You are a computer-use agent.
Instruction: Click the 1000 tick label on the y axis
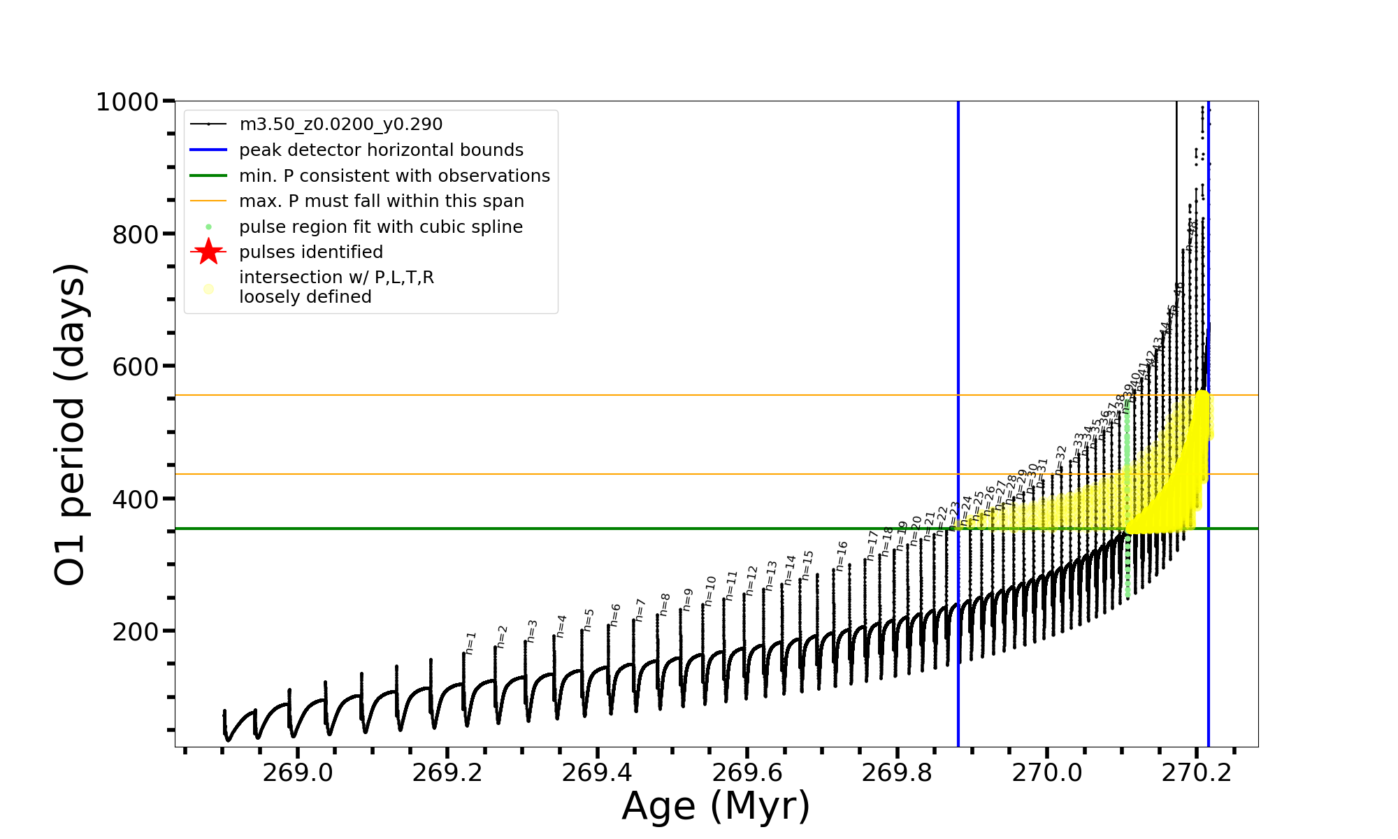127,102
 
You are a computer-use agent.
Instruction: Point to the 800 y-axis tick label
136,234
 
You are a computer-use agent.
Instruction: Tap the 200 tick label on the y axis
136,631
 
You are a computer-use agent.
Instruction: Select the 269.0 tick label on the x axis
297,773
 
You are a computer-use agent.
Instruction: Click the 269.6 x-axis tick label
747,773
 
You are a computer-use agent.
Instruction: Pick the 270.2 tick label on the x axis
1197,773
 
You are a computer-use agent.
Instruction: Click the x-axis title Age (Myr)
716,806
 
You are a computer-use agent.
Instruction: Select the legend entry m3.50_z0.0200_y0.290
340,124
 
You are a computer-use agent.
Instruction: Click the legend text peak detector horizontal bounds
381,150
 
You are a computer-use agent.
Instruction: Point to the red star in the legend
208,252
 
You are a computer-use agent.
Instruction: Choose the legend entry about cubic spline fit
380,227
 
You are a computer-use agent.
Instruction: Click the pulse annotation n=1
470,643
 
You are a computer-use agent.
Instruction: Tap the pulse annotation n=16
842,555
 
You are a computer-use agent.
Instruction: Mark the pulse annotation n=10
710,591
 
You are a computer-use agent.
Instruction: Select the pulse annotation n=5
589,620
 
